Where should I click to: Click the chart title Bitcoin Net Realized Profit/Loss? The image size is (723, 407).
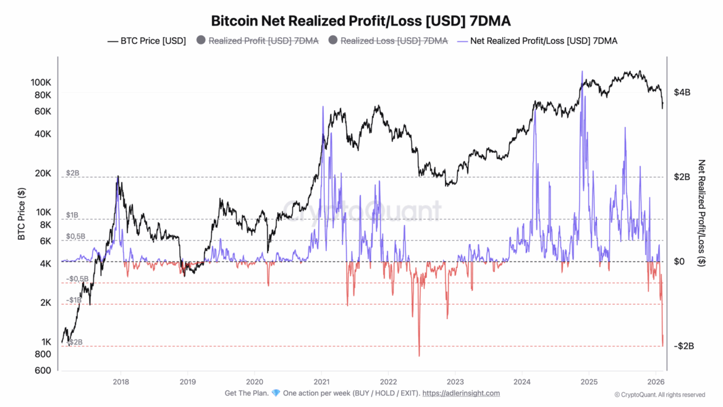pyautogui.click(x=361, y=20)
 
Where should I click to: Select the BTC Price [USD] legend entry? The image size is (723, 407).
pyautogui.click(x=146, y=41)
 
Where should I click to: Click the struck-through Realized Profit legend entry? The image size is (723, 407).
pyautogui.click(x=257, y=41)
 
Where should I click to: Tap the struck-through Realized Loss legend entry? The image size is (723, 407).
pyautogui.click(x=387, y=41)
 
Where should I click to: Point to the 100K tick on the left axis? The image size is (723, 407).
pyautogui.click(x=40, y=82)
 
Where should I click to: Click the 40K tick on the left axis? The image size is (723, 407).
pyautogui.click(x=42, y=134)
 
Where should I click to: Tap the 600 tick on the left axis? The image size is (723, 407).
pyautogui.click(x=43, y=371)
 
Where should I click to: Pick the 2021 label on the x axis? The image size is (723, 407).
pyautogui.click(x=321, y=382)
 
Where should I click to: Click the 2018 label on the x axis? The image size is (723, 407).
pyautogui.click(x=120, y=382)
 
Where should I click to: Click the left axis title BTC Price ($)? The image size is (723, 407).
pyautogui.click(x=22, y=213)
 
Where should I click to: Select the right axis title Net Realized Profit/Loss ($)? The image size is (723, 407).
pyautogui.click(x=701, y=213)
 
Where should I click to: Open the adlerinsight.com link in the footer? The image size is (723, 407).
pyautogui.click(x=462, y=393)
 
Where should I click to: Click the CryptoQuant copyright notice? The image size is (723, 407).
pyautogui.click(x=659, y=395)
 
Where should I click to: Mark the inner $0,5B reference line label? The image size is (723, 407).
pyautogui.click(x=75, y=236)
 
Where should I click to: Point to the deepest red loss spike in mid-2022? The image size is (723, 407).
pyautogui.click(x=419, y=355)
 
